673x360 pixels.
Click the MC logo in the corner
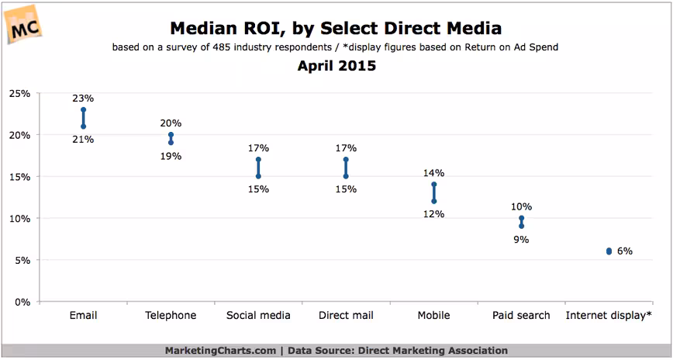(23, 25)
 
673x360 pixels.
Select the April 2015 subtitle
(336, 66)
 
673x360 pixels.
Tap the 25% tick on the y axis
(19, 93)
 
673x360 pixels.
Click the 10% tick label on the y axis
(19, 219)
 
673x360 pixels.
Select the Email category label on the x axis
(83, 315)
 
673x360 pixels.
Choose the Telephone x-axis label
(171, 316)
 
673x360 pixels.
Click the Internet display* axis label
(609, 316)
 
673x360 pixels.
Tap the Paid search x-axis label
(521, 316)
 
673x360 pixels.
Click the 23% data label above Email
(83, 99)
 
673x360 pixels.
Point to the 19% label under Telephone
(171, 157)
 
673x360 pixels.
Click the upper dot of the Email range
(83, 109)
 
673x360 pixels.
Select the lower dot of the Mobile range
(434, 201)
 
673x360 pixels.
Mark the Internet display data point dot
(609, 251)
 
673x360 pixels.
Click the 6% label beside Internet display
(624, 251)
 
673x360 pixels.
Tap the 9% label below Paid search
(521, 240)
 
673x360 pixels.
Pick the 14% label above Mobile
(434, 173)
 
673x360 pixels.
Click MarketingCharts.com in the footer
(221, 351)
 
